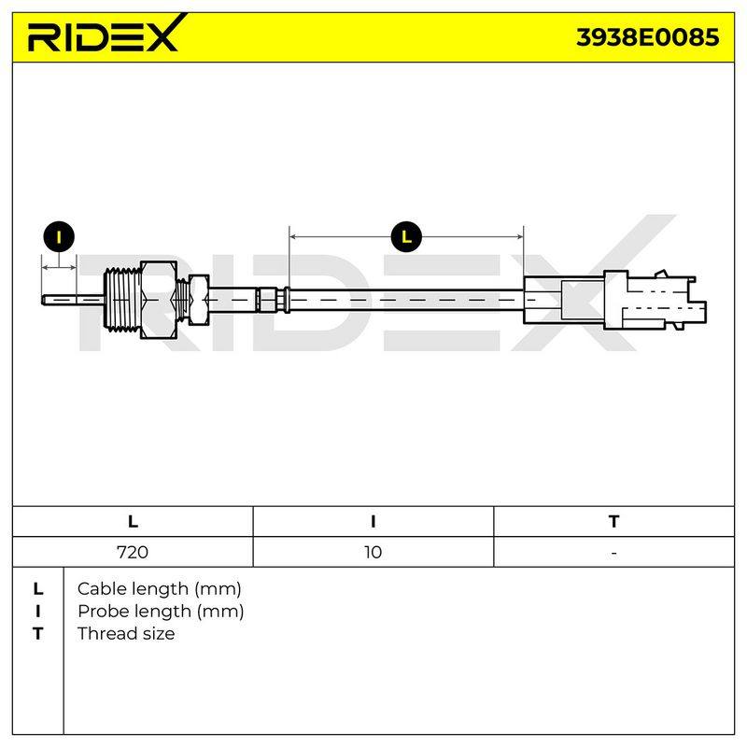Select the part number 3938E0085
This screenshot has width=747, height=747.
click(647, 37)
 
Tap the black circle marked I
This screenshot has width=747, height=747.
click(59, 236)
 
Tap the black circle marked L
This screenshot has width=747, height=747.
click(406, 236)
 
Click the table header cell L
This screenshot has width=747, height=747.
click(133, 521)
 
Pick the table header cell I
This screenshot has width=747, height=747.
click(373, 521)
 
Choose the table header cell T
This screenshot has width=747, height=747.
click(613, 521)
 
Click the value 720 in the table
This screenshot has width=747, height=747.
click(133, 552)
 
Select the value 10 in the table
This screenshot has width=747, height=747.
click(373, 552)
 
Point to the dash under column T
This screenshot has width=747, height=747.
click(613, 553)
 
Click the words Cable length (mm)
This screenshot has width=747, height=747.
click(159, 589)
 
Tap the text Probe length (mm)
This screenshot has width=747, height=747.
click(161, 612)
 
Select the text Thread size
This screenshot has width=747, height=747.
click(126, 634)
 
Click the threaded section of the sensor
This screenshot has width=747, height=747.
click(122, 300)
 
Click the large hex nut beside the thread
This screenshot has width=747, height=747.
click(159, 300)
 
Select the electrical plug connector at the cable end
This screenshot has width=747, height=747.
click(614, 300)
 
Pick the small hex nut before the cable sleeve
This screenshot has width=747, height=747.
click(199, 300)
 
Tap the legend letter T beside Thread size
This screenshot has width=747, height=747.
click(37, 634)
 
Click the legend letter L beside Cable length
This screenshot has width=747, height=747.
click(38, 589)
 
